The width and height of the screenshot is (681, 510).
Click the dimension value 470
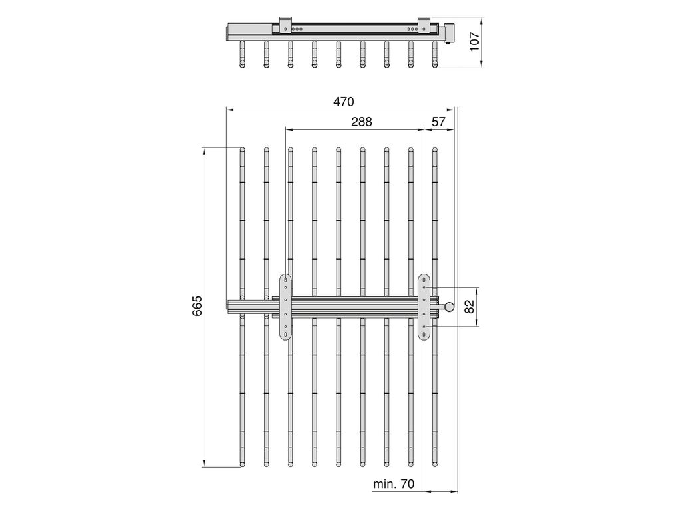click(344, 102)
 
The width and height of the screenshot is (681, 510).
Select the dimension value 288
click(362, 122)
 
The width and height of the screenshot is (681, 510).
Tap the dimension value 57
click(438, 122)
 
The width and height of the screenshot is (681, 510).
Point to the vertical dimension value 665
click(197, 305)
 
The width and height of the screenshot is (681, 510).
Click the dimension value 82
click(469, 307)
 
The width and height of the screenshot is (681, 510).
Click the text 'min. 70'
click(394, 484)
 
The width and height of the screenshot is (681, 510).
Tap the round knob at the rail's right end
click(449, 307)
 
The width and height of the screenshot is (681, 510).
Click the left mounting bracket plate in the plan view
click(285, 307)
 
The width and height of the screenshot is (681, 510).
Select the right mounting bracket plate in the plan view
click(424, 307)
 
